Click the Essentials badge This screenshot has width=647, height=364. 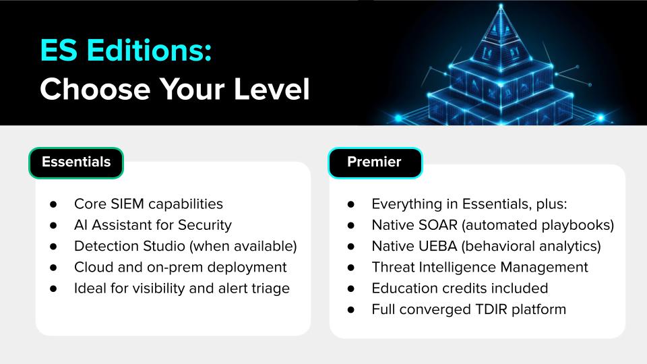pyautogui.click(x=76, y=162)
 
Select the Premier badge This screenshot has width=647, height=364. pyautogui.click(x=375, y=162)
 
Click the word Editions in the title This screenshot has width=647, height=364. pyautogui.click(x=149, y=51)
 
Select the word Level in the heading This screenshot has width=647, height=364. pyautogui.click(x=272, y=89)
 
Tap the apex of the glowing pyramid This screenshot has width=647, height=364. pyautogui.click(x=501, y=6)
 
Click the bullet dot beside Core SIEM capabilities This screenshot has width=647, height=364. pyautogui.click(x=53, y=204)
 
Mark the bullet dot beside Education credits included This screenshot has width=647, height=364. pyautogui.click(x=350, y=289)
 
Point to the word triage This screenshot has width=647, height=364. pyautogui.click(x=270, y=289)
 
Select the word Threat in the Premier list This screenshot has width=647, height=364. pyautogui.click(x=393, y=267)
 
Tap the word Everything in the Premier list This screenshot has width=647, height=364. pyautogui.click(x=406, y=204)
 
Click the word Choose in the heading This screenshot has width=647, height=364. pyautogui.click(x=95, y=89)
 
